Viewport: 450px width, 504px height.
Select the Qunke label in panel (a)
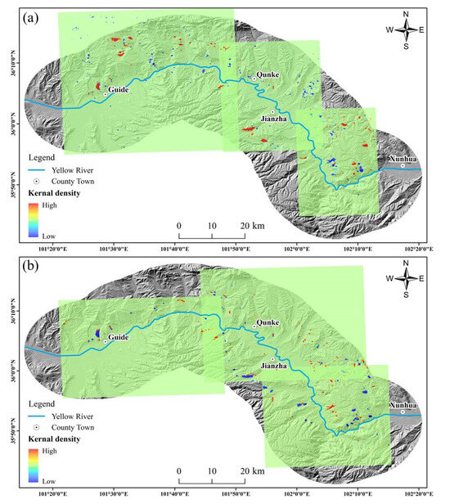[x=268, y=74]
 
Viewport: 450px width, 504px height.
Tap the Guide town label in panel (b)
[x=119, y=337]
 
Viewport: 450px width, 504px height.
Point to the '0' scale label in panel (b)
[x=178, y=471]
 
